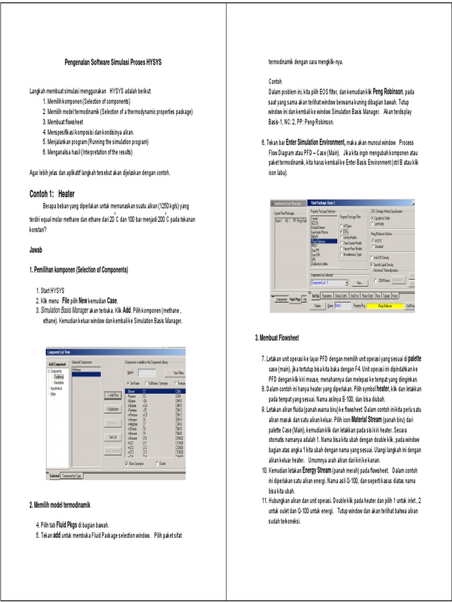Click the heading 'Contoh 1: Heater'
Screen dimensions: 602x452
coord(52,193)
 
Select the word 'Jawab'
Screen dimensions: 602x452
coord(36,250)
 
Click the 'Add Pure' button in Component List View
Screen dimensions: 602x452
coord(113,394)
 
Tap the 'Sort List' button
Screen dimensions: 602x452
coord(113,437)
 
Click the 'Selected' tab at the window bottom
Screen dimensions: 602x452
coord(54,476)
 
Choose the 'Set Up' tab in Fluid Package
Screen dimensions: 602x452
coord(315,296)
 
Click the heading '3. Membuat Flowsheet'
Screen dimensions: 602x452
coord(277,339)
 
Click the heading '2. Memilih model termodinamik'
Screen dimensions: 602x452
coord(59,505)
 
